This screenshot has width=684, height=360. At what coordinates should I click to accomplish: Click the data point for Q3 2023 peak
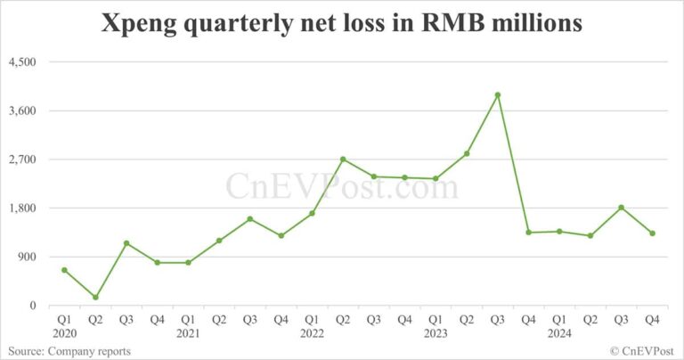click(498, 94)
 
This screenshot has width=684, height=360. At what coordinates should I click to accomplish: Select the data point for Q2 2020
click(95, 298)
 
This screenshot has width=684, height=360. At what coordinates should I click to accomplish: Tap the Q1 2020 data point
click(64, 270)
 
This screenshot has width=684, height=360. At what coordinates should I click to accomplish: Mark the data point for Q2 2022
click(343, 160)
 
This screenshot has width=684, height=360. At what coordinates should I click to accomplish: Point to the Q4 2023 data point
click(528, 233)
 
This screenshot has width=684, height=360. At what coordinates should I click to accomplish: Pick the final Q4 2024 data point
click(653, 233)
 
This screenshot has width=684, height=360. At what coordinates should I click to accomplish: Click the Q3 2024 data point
click(622, 208)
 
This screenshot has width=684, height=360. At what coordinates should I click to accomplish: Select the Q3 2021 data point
click(250, 219)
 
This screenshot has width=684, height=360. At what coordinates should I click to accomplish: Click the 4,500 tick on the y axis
click(21, 62)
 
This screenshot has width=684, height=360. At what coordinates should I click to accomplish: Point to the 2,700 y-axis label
click(21, 160)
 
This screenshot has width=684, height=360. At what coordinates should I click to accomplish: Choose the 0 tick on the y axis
click(34, 306)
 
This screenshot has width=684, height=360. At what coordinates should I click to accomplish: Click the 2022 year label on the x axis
click(312, 334)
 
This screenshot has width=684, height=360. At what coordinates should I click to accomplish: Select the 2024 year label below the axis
click(559, 334)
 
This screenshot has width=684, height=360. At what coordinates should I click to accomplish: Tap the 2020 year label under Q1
click(64, 334)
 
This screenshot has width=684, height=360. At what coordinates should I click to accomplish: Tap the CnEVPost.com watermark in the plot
click(342, 187)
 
